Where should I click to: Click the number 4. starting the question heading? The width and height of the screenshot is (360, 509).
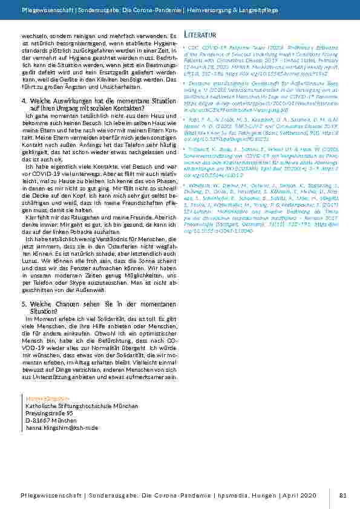(x=24, y=100)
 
